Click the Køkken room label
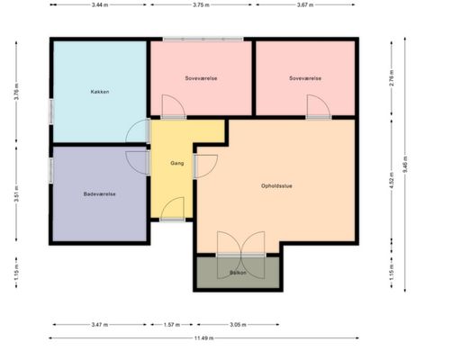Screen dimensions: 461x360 pos(100,92)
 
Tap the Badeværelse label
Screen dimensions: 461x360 pos(99,194)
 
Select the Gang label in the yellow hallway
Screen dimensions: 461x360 pos(177,163)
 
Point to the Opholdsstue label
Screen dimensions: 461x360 pos(276,186)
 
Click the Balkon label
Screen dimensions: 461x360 pos(238,273)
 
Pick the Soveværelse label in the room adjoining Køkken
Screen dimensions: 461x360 pos(201,78)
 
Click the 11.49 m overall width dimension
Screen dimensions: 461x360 pos(204,338)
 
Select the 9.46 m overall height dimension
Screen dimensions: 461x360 pos(405,165)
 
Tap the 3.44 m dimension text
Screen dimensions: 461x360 pos(100,4)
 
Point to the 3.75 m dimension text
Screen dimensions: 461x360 pos(201,4)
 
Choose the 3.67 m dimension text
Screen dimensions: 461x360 pos(305,4)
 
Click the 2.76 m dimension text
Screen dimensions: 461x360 pos(392,78)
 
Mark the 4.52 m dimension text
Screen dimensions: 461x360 pos(392,181)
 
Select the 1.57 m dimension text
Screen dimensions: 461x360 pos(172,325)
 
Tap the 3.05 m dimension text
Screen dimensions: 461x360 pos(238,325)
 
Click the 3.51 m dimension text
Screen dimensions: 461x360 pos(16,193)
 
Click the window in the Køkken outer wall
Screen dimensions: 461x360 pos(51,112)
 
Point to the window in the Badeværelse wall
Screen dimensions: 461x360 pos(51,170)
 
